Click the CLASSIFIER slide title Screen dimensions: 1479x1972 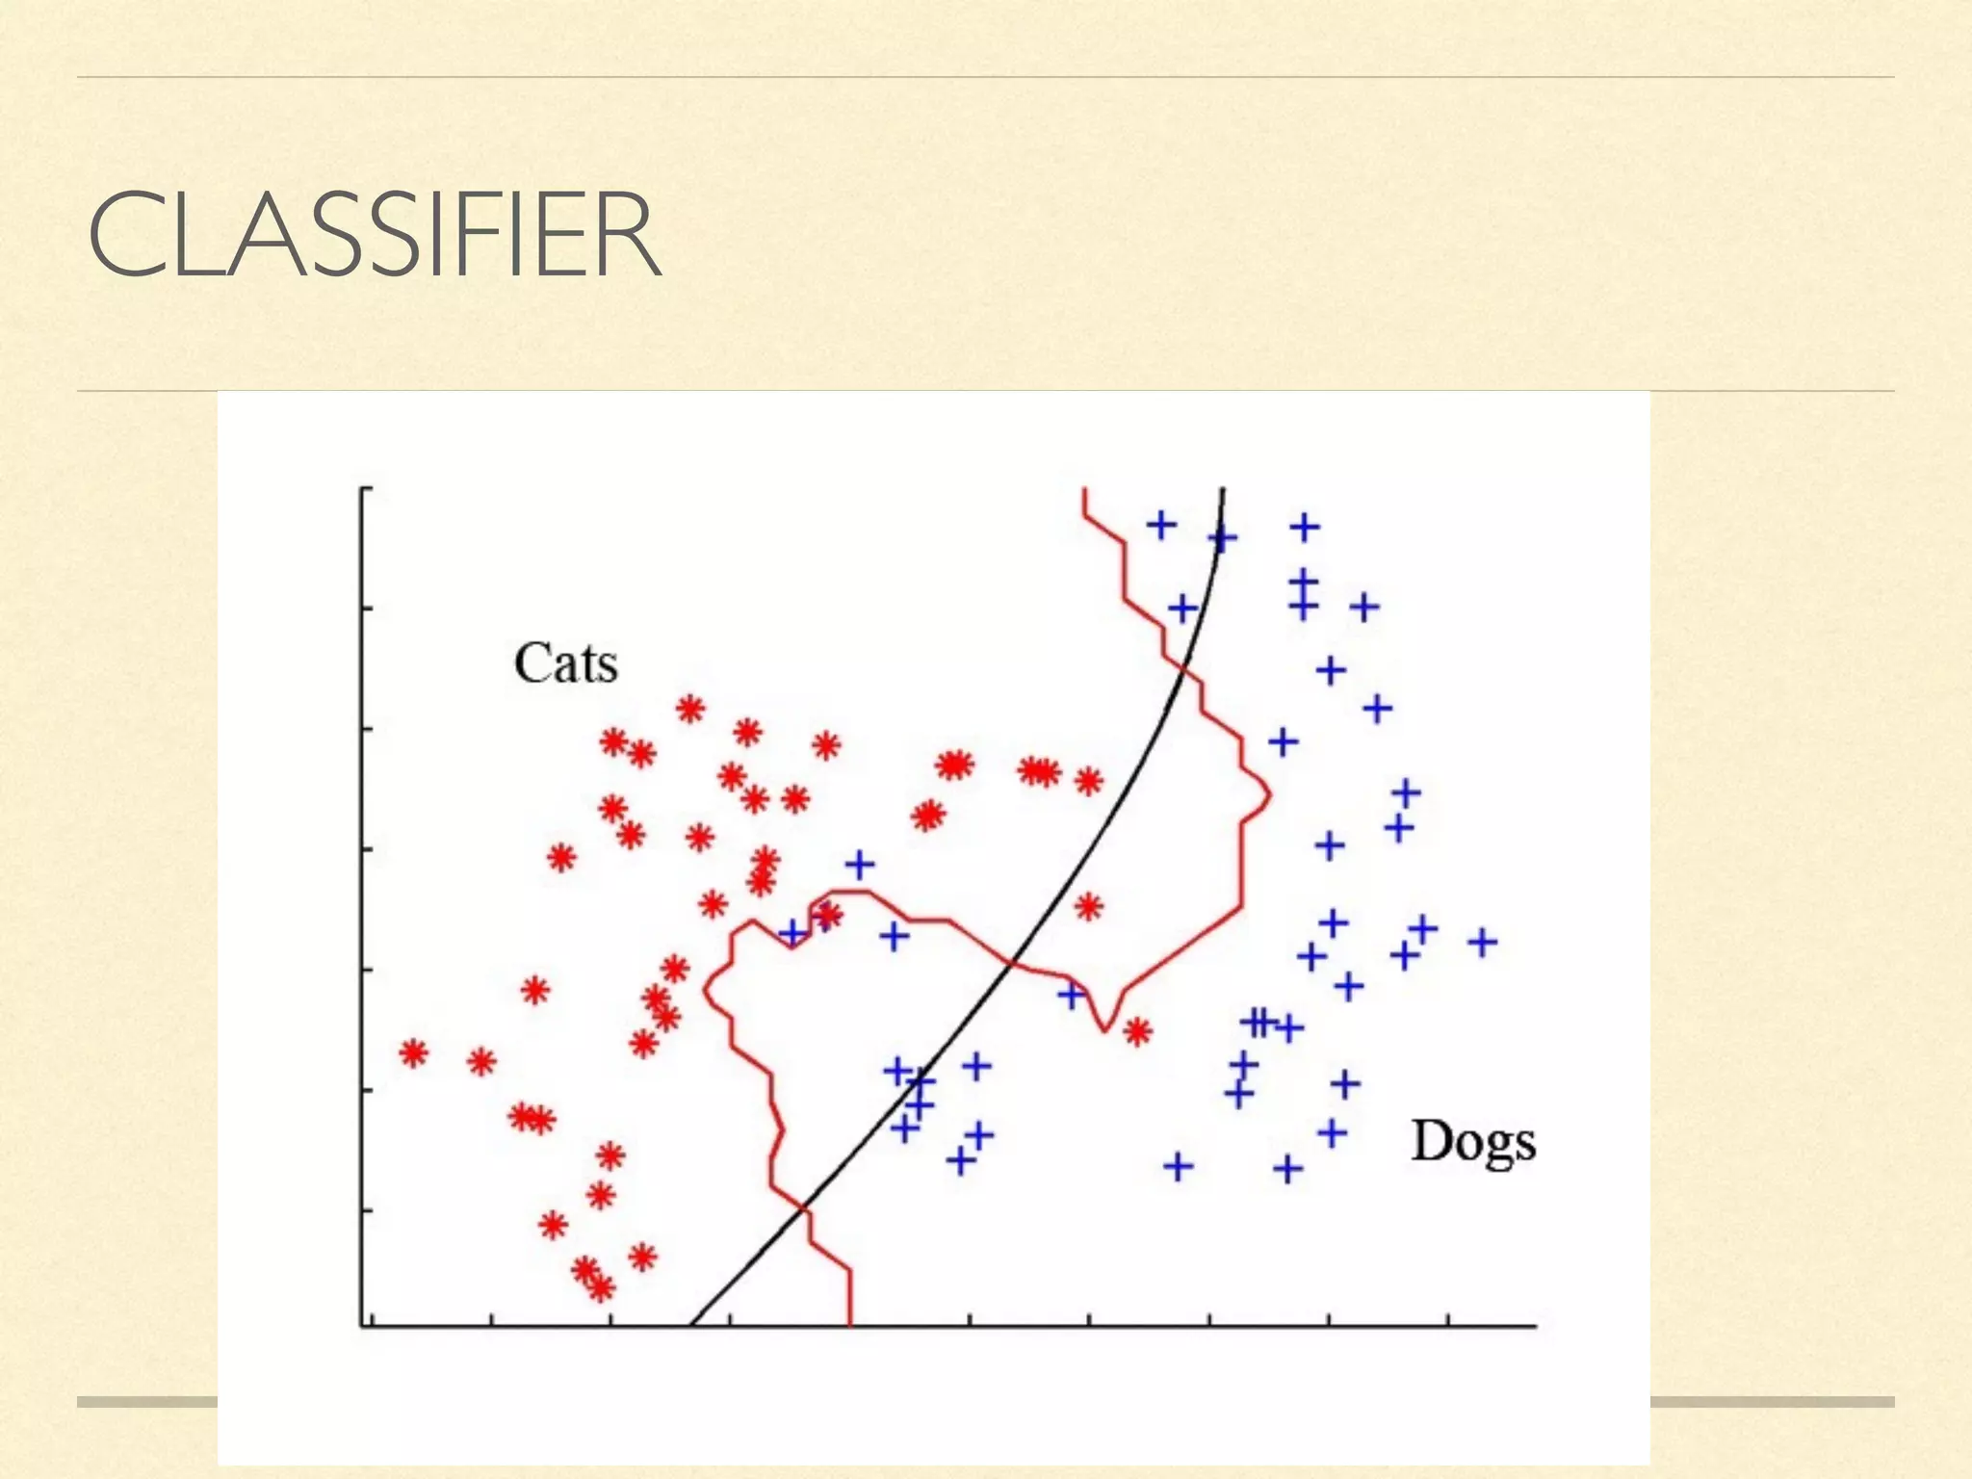pyautogui.click(x=374, y=235)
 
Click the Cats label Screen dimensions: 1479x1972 pyautogui.click(x=565, y=663)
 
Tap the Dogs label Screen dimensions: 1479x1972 pyautogui.click(x=1472, y=1143)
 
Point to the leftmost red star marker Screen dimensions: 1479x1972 pyautogui.click(x=413, y=1053)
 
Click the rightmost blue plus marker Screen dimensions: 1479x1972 pyautogui.click(x=1482, y=942)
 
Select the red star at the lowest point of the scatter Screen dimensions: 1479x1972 pyautogui.click(x=601, y=1287)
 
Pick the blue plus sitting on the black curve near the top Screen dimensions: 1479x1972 pyautogui.click(x=1222, y=538)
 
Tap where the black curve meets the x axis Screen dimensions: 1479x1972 pyautogui.click(x=692, y=1325)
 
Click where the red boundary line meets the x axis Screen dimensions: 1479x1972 pyautogui.click(x=850, y=1325)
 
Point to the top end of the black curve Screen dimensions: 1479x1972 pyautogui.click(x=1223, y=490)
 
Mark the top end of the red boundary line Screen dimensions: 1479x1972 pyautogui.click(x=1084, y=490)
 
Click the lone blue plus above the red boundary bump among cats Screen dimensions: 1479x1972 pyautogui.click(x=860, y=864)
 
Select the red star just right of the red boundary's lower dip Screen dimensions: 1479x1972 pyautogui.click(x=1137, y=1032)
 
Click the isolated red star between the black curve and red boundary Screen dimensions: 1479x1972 pyautogui.click(x=1088, y=906)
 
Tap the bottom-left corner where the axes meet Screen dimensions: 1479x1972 pyautogui.click(x=363, y=1326)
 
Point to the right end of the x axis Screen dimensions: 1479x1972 pyautogui.click(x=1535, y=1326)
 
